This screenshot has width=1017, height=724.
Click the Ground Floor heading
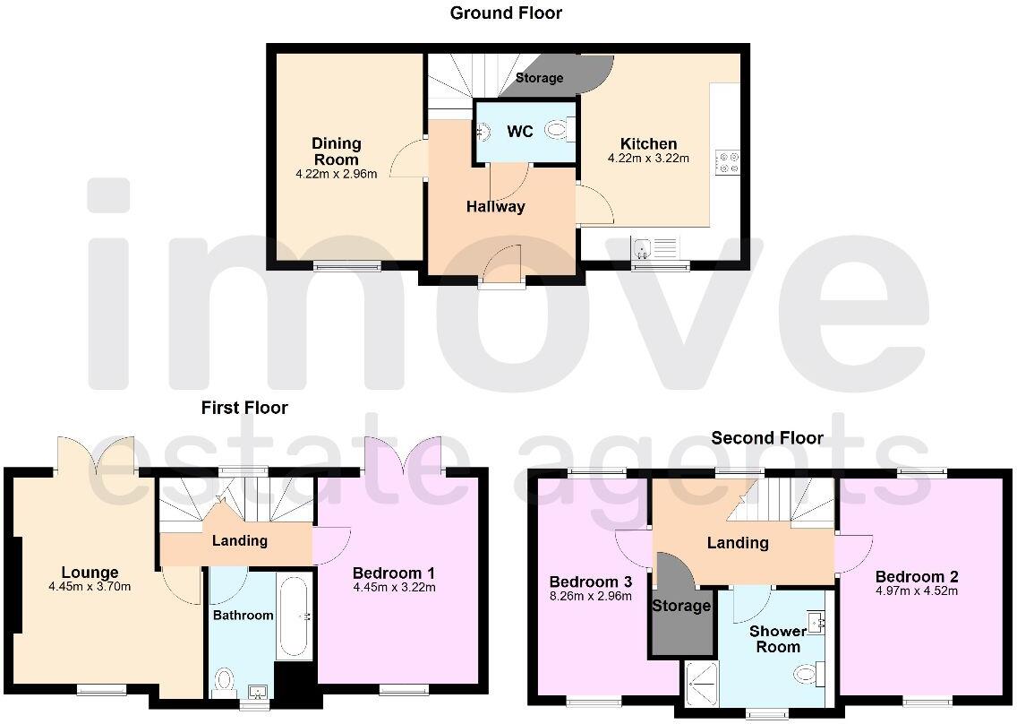(x=506, y=13)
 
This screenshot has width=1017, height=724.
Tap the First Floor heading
(x=244, y=408)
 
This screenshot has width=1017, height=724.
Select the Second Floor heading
(x=767, y=438)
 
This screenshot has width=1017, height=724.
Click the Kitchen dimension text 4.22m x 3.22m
(x=648, y=159)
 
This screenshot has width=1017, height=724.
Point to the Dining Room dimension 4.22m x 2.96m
(x=336, y=174)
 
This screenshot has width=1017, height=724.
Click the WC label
(x=520, y=132)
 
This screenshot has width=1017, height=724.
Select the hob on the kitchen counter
(x=727, y=162)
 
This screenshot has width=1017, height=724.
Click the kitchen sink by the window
(x=642, y=246)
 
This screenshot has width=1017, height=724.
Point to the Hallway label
(x=495, y=207)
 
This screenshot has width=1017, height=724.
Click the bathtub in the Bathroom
(x=294, y=617)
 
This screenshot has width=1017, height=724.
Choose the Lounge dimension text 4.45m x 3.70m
(x=90, y=587)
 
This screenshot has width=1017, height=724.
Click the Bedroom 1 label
(x=394, y=573)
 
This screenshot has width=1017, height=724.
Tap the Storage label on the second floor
(x=681, y=606)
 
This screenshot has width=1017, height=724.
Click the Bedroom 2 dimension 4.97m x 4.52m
(x=916, y=590)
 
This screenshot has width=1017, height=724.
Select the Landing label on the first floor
(x=240, y=540)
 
